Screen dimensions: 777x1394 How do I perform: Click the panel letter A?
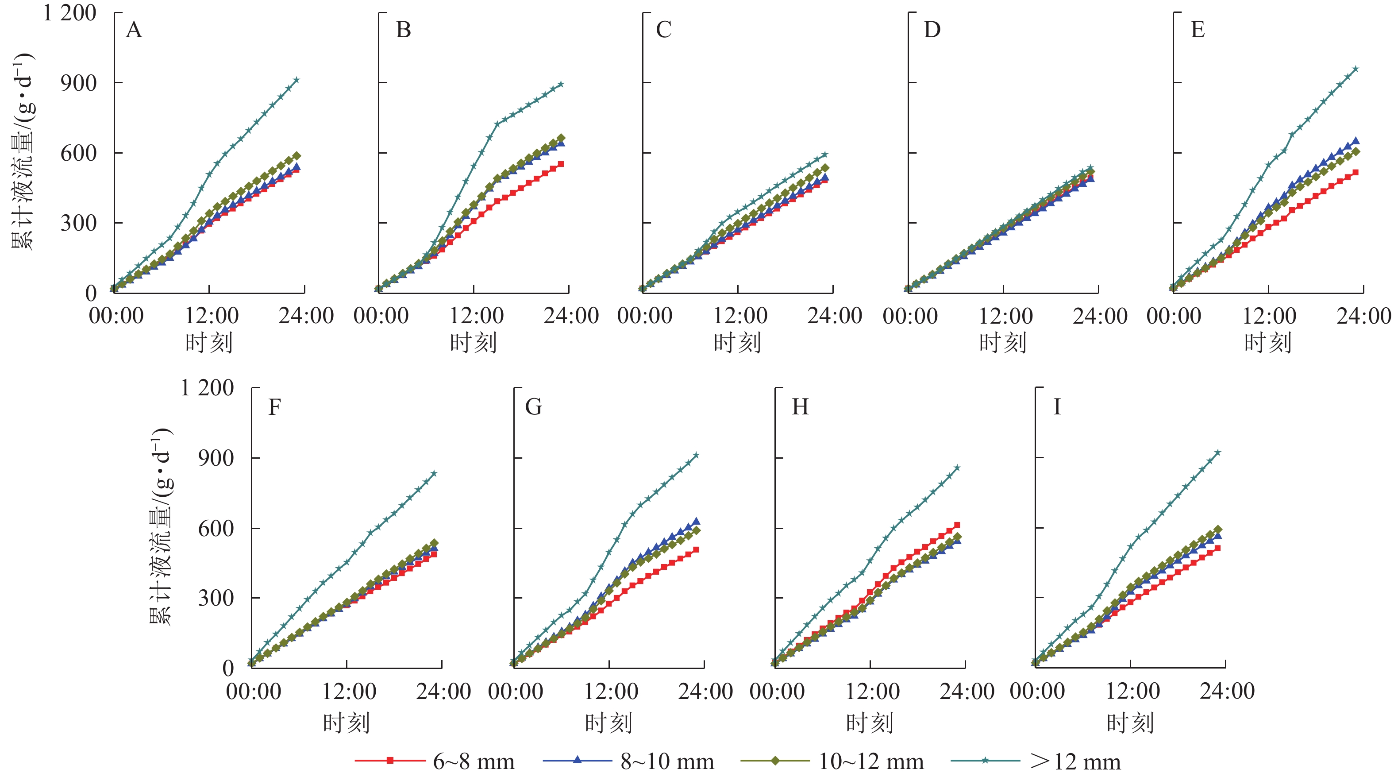pos(134,30)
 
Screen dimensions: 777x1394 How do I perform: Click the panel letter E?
pos(1197,30)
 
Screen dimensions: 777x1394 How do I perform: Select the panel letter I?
pos(1056,406)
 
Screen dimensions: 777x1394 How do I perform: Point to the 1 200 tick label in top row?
pos(70,13)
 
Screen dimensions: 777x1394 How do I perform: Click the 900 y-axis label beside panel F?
pos(216,458)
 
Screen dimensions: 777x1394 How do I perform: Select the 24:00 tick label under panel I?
pos(1227,692)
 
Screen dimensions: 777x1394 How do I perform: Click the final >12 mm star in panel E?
pos(1355,69)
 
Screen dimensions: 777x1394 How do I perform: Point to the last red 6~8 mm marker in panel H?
pos(957,525)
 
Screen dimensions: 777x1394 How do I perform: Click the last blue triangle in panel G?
pos(696,521)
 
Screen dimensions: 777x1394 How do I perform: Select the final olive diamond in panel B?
pos(561,138)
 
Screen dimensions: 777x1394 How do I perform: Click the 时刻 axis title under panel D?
pos(1003,343)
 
